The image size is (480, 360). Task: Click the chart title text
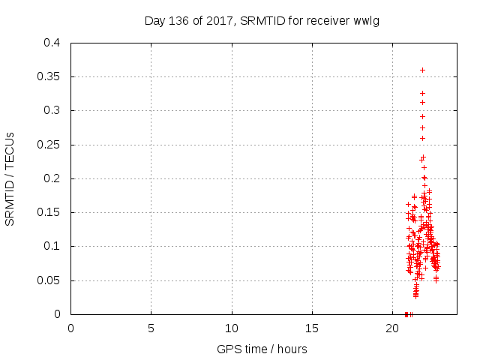(x=262, y=20)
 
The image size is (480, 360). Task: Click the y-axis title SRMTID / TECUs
(x=10, y=178)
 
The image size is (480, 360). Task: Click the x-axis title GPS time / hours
(x=262, y=349)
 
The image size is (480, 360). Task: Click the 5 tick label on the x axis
(x=151, y=328)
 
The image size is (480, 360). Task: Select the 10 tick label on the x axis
(x=232, y=328)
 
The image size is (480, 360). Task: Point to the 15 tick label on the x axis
(x=312, y=328)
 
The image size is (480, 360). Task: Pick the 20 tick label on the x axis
(x=392, y=328)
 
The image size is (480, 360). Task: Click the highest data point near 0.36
(x=422, y=70)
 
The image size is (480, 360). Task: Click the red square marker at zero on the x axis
(x=406, y=313)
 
